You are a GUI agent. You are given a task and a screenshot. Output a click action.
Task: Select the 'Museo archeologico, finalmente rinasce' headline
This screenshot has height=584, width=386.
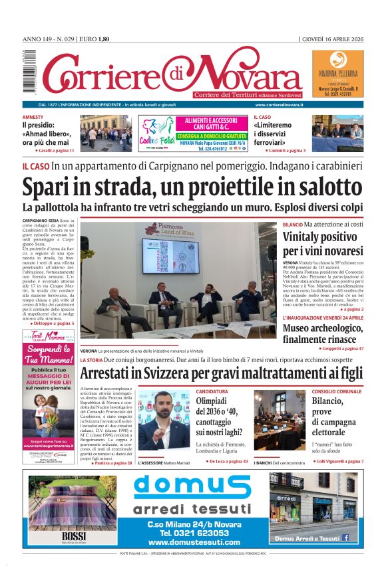click(323, 334)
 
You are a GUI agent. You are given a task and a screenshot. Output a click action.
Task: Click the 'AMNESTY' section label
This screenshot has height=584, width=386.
click(33, 117)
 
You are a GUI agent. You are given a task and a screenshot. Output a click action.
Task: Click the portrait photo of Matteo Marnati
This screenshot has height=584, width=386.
click(163, 425)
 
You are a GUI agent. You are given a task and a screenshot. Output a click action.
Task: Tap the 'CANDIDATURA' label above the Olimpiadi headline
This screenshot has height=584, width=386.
click(212, 391)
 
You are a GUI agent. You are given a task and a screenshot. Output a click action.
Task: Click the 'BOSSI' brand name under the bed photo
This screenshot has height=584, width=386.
click(70, 536)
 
